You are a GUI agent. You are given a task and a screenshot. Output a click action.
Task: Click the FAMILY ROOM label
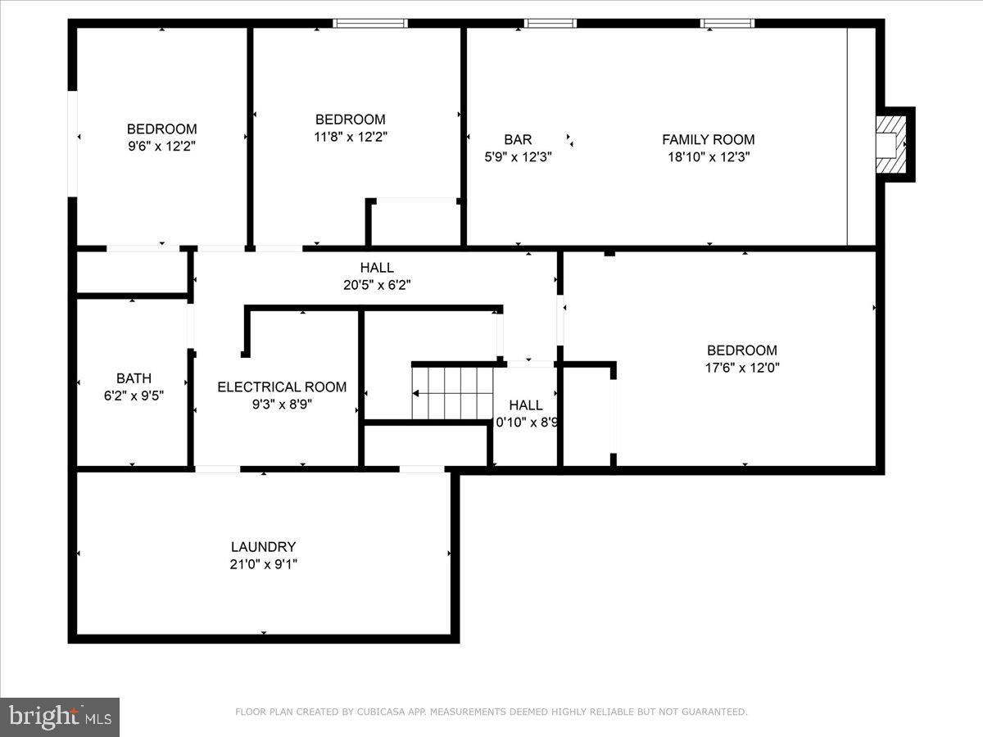(708, 140)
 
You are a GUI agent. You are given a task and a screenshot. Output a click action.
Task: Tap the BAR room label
(518, 140)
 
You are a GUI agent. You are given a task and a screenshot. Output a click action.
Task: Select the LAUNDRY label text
(263, 547)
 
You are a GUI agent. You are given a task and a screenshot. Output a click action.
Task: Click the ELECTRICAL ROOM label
(282, 387)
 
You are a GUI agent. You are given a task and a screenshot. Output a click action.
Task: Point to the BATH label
(134, 378)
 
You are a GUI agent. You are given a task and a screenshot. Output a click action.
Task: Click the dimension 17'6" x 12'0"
(742, 368)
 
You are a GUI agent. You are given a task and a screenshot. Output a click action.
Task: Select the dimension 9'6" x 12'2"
(161, 147)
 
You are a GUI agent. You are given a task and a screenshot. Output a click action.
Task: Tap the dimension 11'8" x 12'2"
(351, 137)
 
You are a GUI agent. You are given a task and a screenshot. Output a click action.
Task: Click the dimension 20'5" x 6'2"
(377, 285)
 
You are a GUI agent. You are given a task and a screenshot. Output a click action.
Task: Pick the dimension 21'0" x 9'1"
(263, 564)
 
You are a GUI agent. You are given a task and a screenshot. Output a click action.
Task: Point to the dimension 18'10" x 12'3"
(709, 157)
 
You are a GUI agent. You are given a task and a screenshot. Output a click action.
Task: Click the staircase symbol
(452, 393)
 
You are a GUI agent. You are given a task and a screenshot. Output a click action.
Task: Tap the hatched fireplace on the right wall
(891, 144)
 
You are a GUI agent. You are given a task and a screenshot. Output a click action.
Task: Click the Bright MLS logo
(60, 717)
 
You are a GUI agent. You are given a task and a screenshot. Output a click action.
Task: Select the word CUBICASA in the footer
(382, 712)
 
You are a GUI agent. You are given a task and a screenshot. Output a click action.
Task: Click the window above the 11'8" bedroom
(370, 24)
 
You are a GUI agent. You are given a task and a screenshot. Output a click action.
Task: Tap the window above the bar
(550, 24)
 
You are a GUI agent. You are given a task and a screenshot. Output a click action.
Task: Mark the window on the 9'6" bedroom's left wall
(73, 143)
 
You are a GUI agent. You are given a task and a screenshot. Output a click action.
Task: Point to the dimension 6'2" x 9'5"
(134, 396)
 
